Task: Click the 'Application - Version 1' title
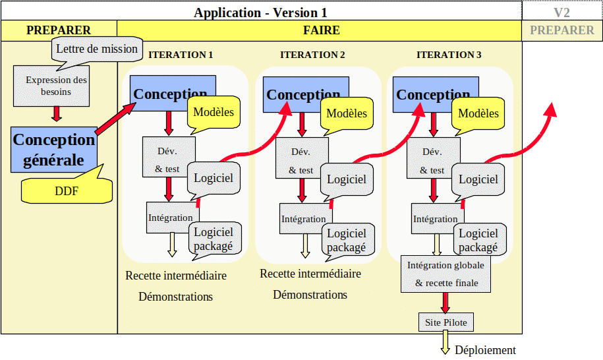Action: pyautogui.click(x=260, y=13)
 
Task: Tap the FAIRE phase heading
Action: pyautogui.click(x=321, y=30)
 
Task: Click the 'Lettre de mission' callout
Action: pyautogui.click(x=97, y=49)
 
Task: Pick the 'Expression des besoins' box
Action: pyautogui.click(x=51, y=86)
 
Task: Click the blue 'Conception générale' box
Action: pyautogui.click(x=54, y=150)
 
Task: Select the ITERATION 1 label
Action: pyautogui.click(x=181, y=55)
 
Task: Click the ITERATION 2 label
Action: pyautogui.click(x=312, y=55)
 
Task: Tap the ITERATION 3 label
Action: pyautogui.click(x=449, y=55)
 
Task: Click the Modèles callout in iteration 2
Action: pyautogui.click(x=347, y=113)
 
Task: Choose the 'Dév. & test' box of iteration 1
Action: pyautogui.click(x=169, y=157)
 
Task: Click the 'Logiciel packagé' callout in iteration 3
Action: pyautogui.click(x=480, y=239)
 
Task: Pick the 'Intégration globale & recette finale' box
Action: pyautogui.click(x=445, y=274)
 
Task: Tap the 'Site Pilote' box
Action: pyautogui.click(x=446, y=322)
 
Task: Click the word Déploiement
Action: pyautogui.click(x=485, y=350)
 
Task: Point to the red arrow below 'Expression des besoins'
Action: pyautogui.click(x=57, y=114)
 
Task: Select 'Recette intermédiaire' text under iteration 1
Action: pyautogui.click(x=176, y=276)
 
